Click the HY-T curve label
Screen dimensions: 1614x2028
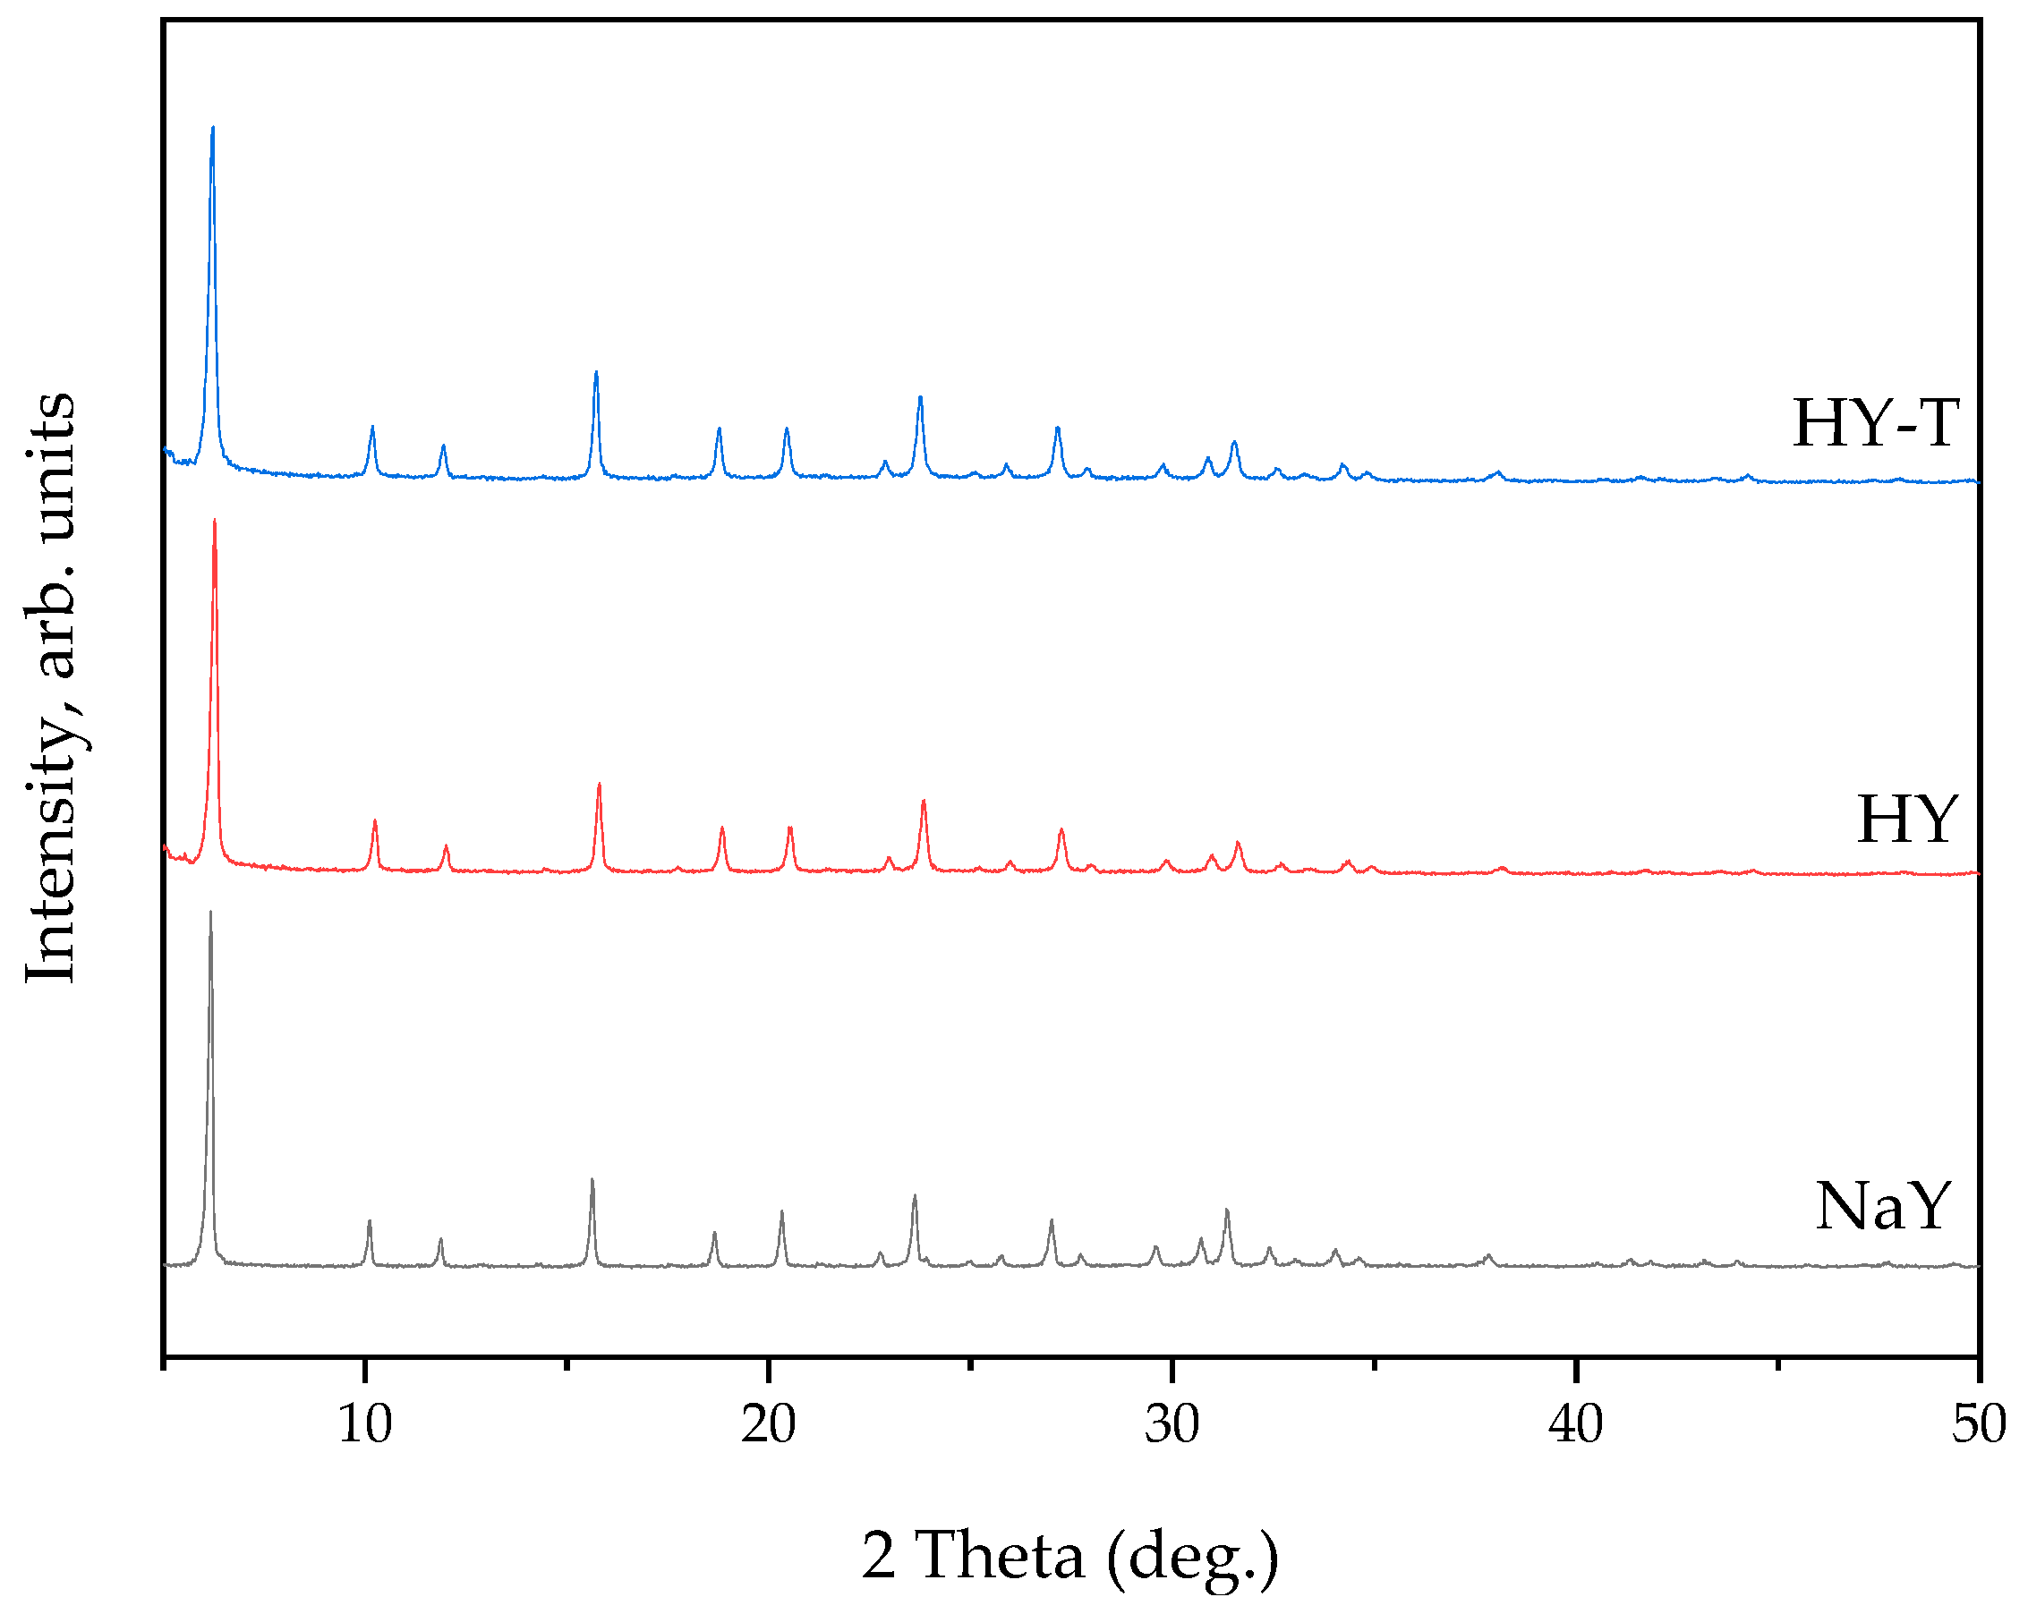[1876, 423]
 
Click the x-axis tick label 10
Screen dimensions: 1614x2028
[364, 1424]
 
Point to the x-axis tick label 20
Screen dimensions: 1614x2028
[768, 1424]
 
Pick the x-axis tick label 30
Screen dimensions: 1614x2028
[1172, 1424]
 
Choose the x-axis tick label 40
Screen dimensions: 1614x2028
[1575, 1424]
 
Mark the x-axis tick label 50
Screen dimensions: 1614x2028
[1979, 1424]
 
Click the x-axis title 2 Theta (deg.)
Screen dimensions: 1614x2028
[1070, 1556]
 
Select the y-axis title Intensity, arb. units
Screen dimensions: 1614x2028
[52, 687]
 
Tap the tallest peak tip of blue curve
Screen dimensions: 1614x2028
[213, 127]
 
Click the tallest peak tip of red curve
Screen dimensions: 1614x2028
[215, 520]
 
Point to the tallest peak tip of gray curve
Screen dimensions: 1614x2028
[209, 912]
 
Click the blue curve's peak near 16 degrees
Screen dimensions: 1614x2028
[596, 372]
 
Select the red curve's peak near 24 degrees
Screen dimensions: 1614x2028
[924, 801]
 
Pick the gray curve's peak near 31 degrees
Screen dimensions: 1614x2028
[1227, 1210]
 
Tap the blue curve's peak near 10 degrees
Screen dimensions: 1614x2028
[372, 427]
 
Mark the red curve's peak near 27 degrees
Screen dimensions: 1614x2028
[1061, 829]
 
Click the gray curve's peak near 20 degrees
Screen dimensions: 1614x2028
[781, 1211]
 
